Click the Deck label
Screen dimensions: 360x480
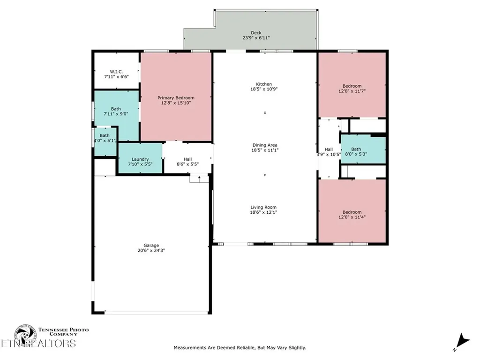[255, 33]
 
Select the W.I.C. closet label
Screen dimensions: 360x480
[116, 72]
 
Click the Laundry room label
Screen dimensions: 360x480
[140, 159]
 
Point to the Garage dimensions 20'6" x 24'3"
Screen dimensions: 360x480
[151, 250]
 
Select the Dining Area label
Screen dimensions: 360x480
[265, 145]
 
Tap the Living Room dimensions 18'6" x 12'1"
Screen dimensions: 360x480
[263, 213]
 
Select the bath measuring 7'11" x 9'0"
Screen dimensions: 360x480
[116, 112]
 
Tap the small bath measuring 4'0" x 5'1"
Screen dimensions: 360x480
[105, 138]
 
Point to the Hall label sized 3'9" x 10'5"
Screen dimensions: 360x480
[329, 152]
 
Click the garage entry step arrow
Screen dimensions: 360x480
[199, 178]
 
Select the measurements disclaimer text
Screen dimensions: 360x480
[240, 347]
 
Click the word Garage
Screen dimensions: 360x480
[151, 245]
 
